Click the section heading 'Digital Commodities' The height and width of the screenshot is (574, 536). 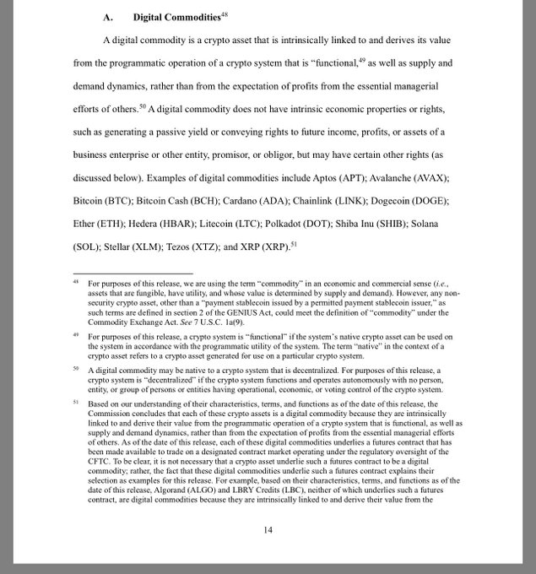point(178,18)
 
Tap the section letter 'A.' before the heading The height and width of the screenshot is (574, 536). point(108,18)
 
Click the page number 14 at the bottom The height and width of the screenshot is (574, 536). point(268,529)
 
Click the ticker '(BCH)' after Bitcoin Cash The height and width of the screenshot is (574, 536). point(203,202)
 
